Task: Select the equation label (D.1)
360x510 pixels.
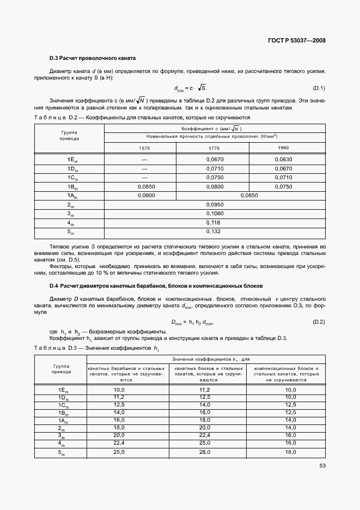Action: point(319,88)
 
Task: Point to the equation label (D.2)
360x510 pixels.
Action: point(319,322)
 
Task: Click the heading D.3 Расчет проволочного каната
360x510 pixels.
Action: point(92,58)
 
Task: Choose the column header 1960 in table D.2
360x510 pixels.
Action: point(283,148)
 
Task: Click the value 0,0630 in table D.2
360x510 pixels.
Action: point(284,159)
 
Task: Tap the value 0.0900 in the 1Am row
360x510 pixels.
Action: point(144,196)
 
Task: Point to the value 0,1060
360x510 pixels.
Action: point(215,214)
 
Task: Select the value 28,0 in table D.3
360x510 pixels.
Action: point(205,452)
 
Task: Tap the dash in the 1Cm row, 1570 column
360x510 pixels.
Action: point(144,178)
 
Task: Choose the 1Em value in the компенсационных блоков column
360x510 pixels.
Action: point(290,390)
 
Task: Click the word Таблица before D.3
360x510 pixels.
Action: point(49,348)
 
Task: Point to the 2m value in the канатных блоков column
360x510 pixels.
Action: point(205,428)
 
